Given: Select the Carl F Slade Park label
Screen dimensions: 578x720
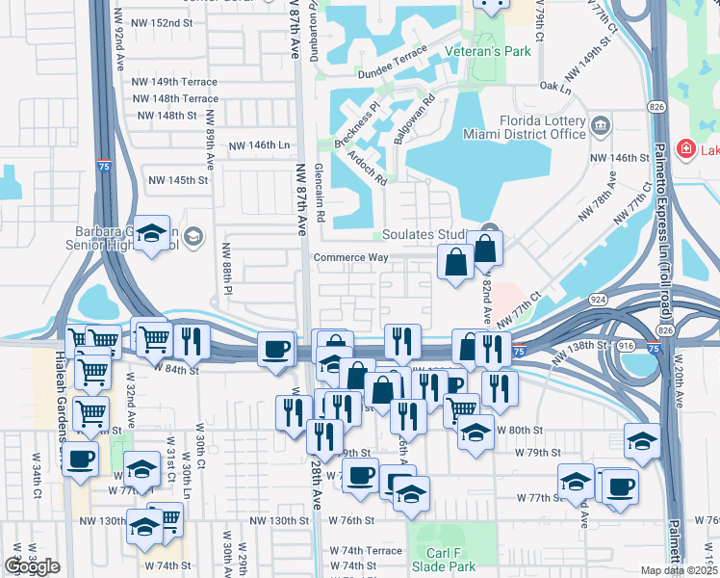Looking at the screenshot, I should pos(449,561).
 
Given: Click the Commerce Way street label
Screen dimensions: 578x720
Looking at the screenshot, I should pos(350,257).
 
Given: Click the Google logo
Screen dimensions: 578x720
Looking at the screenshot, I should pos(32,566).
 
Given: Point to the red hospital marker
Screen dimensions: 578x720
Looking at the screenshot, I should pos(685,149).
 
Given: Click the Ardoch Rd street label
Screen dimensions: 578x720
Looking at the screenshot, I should pos(369,167).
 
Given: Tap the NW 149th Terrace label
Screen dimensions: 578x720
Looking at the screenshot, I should pos(177,82).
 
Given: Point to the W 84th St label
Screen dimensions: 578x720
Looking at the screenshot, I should pos(175,369).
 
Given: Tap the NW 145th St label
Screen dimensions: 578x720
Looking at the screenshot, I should pos(178,180).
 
